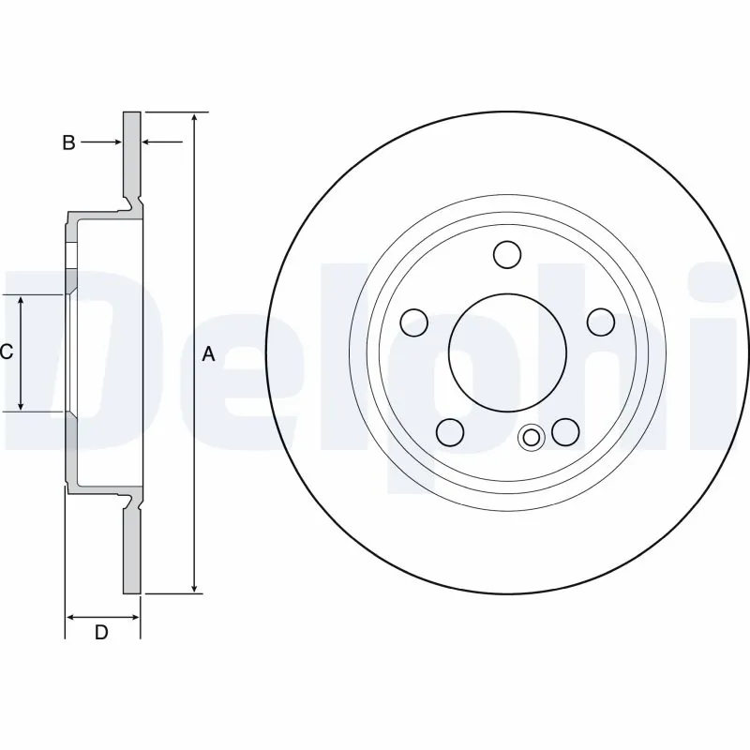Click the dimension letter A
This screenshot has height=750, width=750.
pos(209,354)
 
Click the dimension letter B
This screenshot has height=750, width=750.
pos(68,142)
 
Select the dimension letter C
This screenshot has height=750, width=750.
pos(6,352)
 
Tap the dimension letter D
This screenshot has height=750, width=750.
pos(101,633)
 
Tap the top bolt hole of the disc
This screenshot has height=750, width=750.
pos(507,254)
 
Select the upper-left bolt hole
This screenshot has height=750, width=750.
pos(413,322)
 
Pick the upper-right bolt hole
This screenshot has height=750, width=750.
pos(600,322)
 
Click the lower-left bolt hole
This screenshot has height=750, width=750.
pos(451,431)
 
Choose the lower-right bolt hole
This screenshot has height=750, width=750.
pos(565,431)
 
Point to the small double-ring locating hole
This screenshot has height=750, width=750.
pos(532,437)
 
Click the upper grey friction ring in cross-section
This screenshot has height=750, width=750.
pos(132,155)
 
